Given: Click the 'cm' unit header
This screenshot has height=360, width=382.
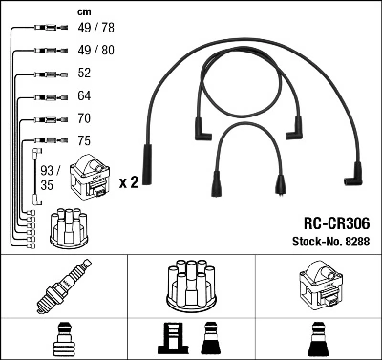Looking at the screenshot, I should point(83,11).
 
